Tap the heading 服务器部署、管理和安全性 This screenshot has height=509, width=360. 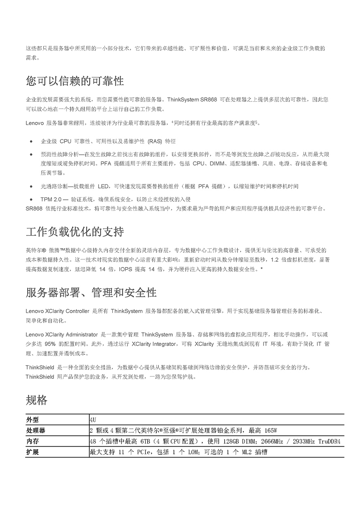pos(91,292)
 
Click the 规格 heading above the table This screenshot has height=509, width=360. pos(36,400)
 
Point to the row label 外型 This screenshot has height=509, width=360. pos(32,419)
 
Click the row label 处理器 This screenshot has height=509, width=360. pos(36,430)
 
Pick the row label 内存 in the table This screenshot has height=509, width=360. pos(32,441)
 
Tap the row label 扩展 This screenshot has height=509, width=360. pos(32,452)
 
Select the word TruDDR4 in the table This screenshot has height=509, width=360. pos(329,441)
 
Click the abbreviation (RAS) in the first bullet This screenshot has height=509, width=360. pos(154,141)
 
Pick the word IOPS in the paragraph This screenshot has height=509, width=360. pos(123,269)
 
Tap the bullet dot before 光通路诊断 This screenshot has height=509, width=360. pos(31,186)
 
